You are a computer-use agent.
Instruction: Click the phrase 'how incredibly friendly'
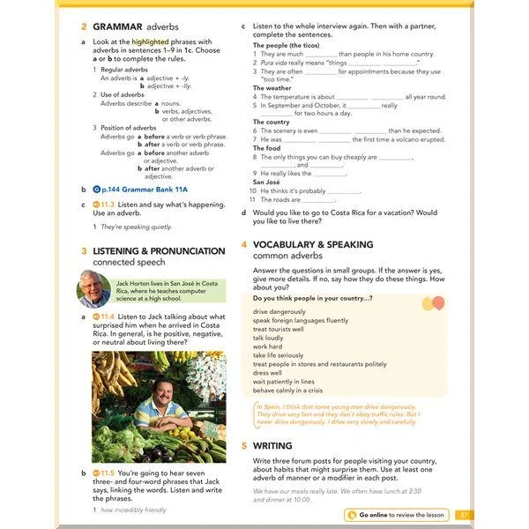[133, 510]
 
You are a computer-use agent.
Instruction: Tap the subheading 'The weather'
[272, 88]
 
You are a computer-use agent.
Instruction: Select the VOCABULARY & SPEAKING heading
[312, 244]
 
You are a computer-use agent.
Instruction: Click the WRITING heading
[272, 446]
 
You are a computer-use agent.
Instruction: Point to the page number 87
[465, 514]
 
